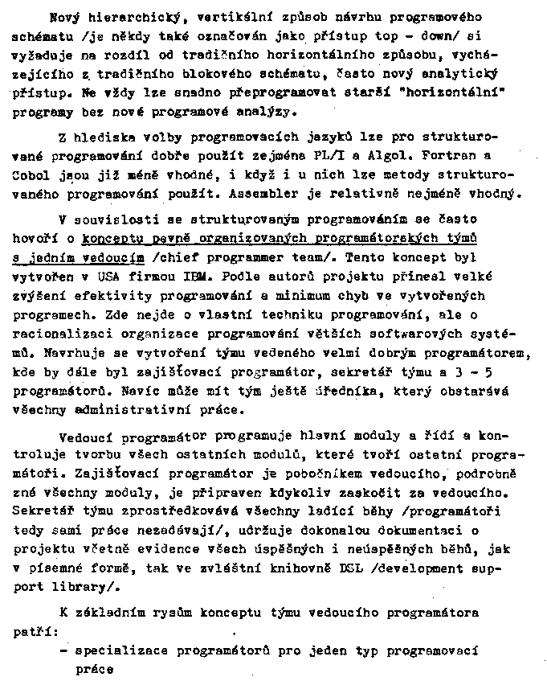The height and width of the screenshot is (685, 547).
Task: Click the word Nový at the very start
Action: click(63, 16)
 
